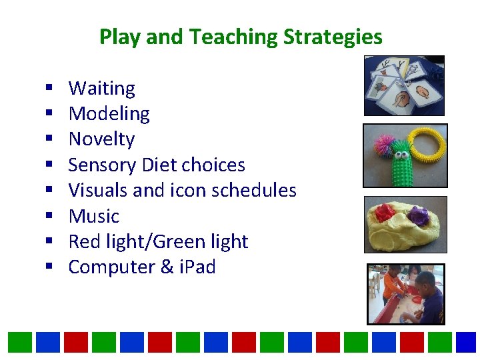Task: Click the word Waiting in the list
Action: click(101, 88)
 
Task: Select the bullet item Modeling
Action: click(109, 114)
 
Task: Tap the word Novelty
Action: click(101, 139)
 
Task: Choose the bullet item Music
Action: click(93, 216)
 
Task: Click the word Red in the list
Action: click(84, 241)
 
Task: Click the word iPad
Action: click(193, 267)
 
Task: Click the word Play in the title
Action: click(120, 37)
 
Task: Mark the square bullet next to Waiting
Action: click(49, 89)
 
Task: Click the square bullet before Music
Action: click(49, 217)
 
